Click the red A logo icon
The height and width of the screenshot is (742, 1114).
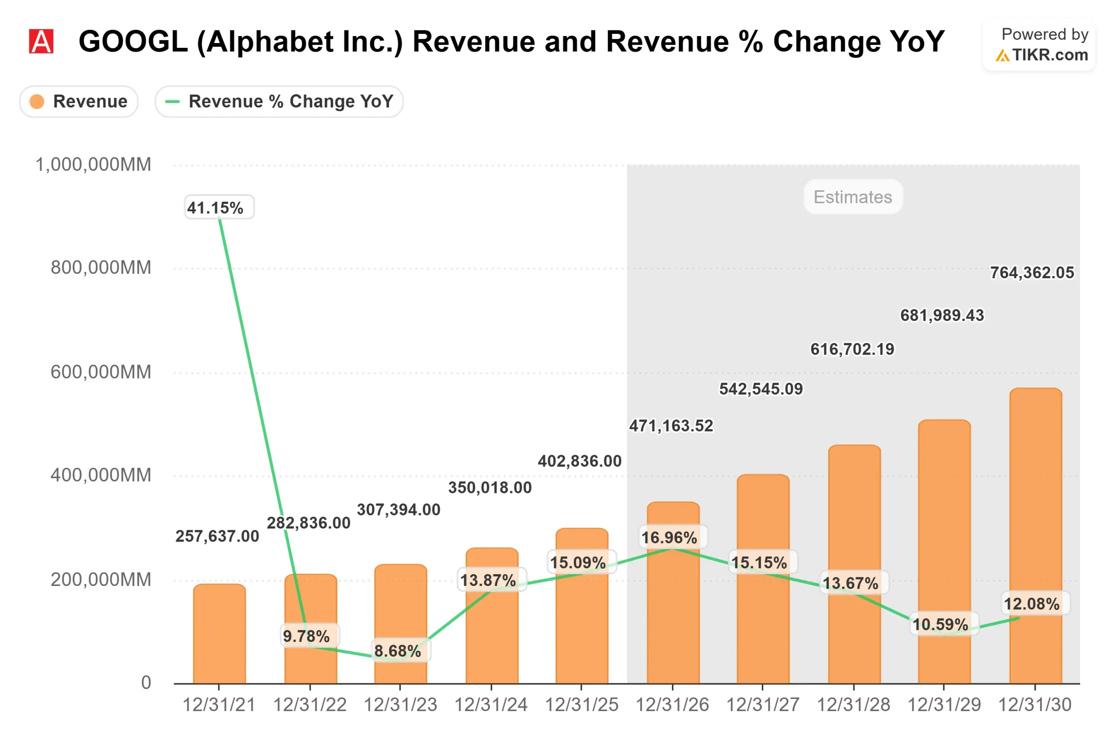coord(41,41)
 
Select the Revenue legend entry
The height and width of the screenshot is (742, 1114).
coord(79,101)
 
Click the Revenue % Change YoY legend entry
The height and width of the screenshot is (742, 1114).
coord(279,101)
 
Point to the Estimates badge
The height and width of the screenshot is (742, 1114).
coord(852,197)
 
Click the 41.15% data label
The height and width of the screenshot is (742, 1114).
coord(219,207)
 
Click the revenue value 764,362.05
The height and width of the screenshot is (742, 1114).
coord(1032,273)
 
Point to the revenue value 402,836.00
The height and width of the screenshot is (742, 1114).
coord(579,461)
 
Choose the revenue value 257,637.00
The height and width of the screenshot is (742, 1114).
coord(218,536)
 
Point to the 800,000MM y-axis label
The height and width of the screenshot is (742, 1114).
coord(101,268)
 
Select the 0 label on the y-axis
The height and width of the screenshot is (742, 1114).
coord(146,682)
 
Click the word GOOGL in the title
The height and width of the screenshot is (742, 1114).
coord(133,41)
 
